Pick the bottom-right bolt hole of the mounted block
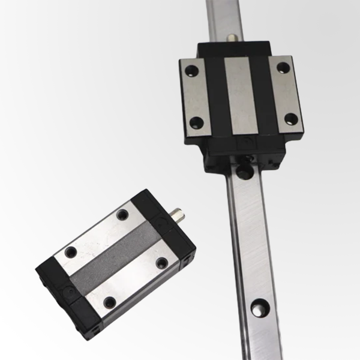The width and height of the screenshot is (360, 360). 290,117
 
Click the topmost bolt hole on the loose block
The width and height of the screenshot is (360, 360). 124,214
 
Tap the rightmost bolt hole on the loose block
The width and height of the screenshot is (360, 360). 160,262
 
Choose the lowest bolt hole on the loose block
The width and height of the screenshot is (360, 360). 109,302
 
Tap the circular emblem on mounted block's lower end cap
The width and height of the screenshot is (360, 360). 244,145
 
